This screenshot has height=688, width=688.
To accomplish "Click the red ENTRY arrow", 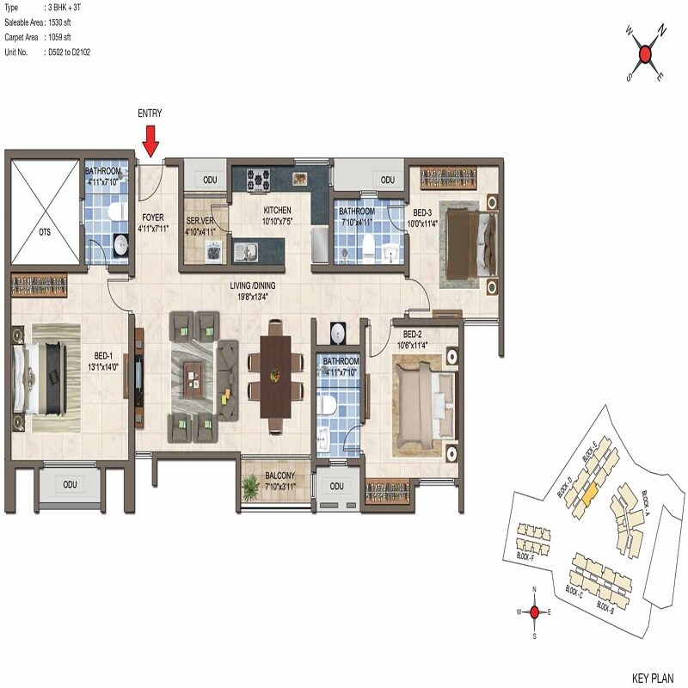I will tap(150, 139).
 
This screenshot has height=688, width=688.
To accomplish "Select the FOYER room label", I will tap(152, 218).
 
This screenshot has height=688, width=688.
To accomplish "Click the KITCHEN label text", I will tap(277, 211).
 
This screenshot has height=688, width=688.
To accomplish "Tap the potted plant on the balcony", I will tap(250, 488).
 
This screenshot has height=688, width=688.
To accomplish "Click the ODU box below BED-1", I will tap(70, 484).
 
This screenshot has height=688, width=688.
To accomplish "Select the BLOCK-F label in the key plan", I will tap(525, 557).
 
